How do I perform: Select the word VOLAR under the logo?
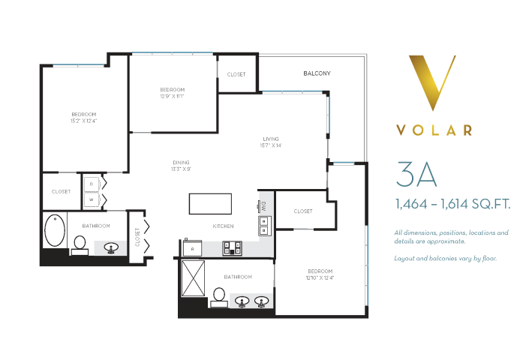[x=434, y=130]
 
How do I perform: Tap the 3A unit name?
[x=416, y=174]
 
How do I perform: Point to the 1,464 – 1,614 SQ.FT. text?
[x=453, y=204]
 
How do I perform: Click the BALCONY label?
[x=317, y=73]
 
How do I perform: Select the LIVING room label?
[x=271, y=139]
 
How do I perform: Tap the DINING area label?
[x=181, y=162]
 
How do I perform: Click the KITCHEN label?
[x=224, y=226]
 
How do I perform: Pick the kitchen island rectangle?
[x=210, y=204]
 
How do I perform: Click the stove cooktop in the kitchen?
[x=233, y=248]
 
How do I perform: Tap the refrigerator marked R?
[x=192, y=247]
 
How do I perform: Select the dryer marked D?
[x=92, y=184]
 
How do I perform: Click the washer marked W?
[x=92, y=199]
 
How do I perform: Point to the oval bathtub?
[x=55, y=230]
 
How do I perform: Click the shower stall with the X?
[x=193, y=278]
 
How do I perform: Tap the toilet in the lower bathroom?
[x=219, y=298]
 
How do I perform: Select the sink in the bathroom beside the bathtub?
[x=111, y=247]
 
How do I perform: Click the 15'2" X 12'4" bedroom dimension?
[x=84, y=121]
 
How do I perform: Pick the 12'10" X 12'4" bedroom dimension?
[x=320, y=278]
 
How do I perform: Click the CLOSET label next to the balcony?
[x=236, y=74]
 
